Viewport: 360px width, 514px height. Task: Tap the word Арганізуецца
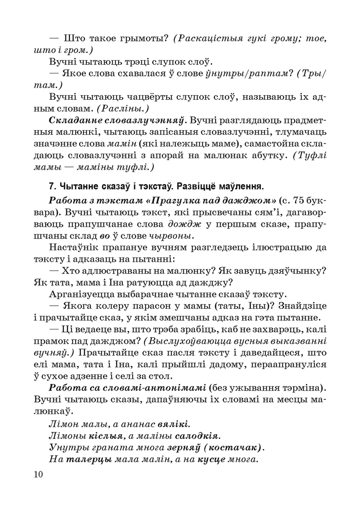coord(87,295)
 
